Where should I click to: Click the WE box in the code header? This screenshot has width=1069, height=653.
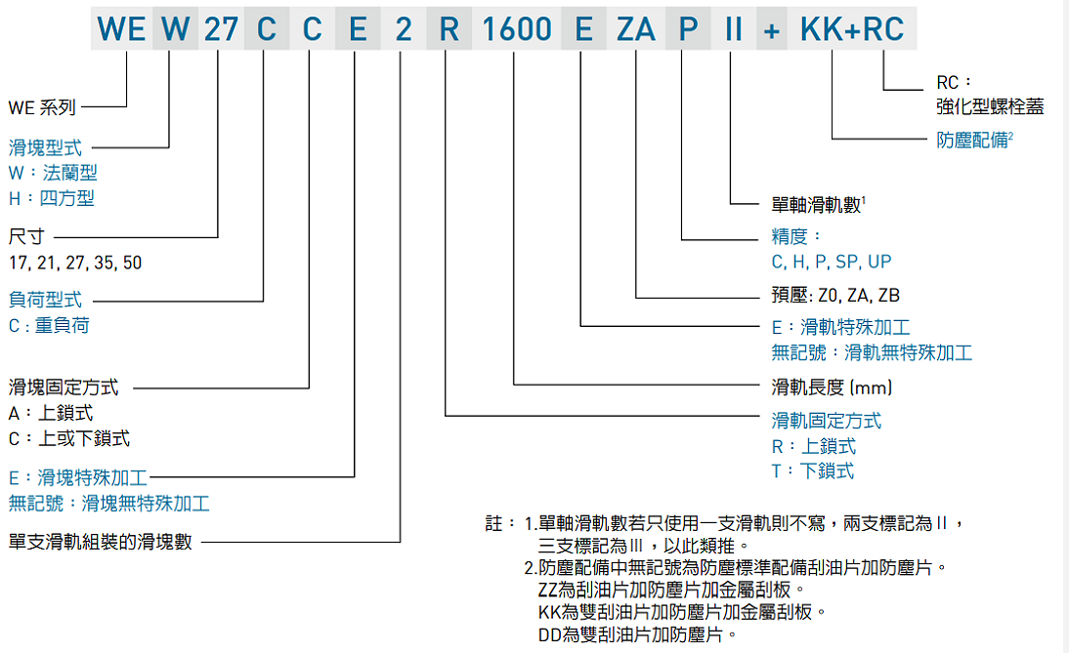(121, 29)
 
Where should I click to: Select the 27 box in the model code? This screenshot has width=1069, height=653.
(221, 29)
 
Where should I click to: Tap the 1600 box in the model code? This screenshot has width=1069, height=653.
(516, 29)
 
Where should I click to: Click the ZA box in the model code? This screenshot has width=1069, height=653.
(636, 29)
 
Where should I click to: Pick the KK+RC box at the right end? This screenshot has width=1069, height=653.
(852, 29)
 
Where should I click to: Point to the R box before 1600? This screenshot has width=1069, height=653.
(449, 29)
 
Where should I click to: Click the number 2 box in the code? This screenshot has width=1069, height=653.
(403, 29)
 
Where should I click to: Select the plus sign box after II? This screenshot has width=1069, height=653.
(772, 29)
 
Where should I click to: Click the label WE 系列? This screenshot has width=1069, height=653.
(42, 107)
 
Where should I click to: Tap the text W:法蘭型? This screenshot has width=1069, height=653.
(53, 174)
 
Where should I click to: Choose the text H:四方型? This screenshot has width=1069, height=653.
(51, 198)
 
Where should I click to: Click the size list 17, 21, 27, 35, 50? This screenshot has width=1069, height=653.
(75, 263)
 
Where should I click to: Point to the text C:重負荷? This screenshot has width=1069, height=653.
(49, 325)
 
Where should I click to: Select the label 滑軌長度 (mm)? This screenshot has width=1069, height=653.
(832, 388)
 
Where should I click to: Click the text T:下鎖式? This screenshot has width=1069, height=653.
(812, 471)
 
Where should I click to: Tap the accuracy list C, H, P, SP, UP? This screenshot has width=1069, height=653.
(831, 262)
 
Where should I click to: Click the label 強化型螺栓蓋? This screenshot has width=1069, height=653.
(990, 107)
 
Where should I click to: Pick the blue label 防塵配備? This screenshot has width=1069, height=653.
(972, 140)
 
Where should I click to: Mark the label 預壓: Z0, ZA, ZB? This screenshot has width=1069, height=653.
(835, 295)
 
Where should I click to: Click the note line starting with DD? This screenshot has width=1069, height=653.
(631, 634)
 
